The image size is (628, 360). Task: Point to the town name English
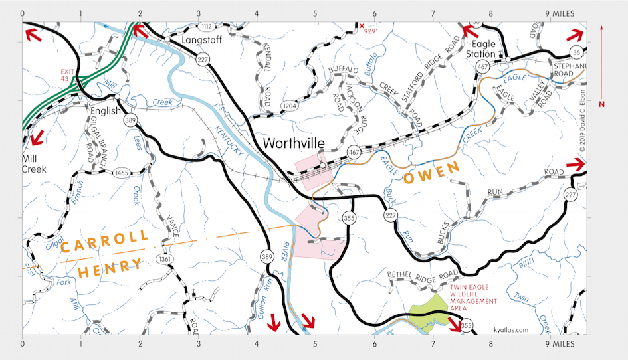click(106, 111)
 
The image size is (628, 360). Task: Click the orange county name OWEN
click(432, 173)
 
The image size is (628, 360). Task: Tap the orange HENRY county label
click(110, 268)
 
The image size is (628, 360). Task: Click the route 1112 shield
click(207, 27)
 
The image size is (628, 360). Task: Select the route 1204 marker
click(289, 105)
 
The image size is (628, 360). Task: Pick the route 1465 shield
click(121, 173)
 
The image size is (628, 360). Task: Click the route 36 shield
click(576, 52)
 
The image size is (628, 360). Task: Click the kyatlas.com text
click(511, 329)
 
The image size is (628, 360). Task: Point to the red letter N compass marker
click(601, 104)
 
